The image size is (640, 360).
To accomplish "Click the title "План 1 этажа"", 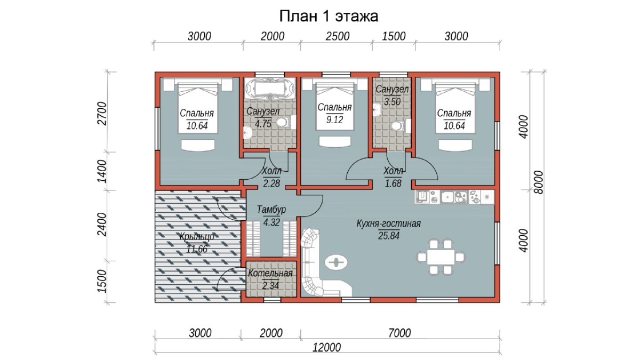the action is pyautogui.click(x=329, y=16).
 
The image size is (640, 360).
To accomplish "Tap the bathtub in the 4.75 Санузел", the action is pyautogui.click(x=270, y=89).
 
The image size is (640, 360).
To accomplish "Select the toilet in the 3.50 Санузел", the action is pyautogui.click(x=398, y=126).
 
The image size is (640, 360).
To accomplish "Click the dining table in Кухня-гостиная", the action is pyautogui.click(x=441, y=257).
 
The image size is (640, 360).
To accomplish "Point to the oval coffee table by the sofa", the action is pyautogui.click(x=337, y=262).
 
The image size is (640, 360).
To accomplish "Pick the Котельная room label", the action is pyautogui.click(x=270, y=273).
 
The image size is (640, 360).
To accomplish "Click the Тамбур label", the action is pyautogui.click(x=271, y=210).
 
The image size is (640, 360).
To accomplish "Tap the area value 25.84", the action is pyautogui.click(x=389, y=236).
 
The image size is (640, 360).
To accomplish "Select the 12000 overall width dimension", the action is pyautogui.click(x=326, y=348).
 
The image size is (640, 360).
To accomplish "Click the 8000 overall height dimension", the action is pyautogui.click(x=538, y=182).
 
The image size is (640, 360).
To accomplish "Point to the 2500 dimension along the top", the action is pyautogui.click(x=338, y=36).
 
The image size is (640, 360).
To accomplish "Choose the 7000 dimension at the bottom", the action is pyautogui.click(x=399, y=333).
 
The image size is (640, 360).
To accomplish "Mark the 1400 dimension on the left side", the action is pyautogui.click(x=102, y=171).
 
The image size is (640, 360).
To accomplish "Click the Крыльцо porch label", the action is pyautogui.click(x=197, y=237).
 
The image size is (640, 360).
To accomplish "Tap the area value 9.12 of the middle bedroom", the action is pyautogui.click(x=334, y=119).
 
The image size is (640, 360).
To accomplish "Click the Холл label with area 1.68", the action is pyautogui.click(x=393, y=171).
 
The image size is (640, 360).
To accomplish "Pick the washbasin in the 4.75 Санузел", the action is pyautogui.click(x=247, y=133).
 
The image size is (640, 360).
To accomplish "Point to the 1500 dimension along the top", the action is pyautogui.click(x=394, y=36).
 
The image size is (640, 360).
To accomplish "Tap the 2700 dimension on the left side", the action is pyautogui.click(x=102, y=114).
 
